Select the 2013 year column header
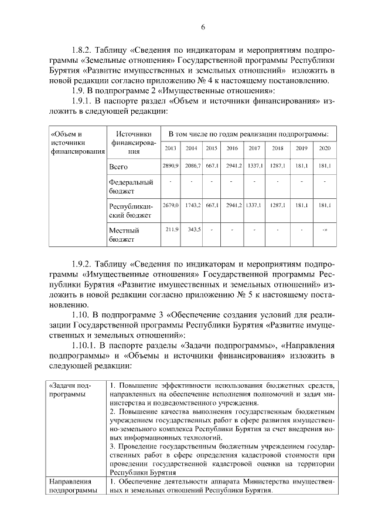click(171, 148)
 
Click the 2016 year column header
click(232, 148)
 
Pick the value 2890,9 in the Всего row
click(171, 167)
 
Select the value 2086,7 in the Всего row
click(192, 167)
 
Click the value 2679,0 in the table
click(171, 206)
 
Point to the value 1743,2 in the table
click(192, 206)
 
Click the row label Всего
click(119, 167)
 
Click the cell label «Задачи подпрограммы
click(71, 390)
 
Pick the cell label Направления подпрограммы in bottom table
click(73, 486)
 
